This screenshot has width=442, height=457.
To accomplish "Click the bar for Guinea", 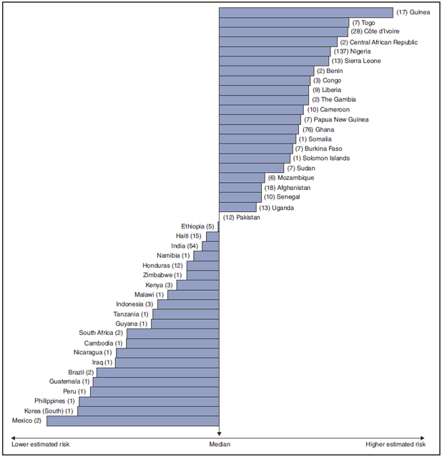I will [305, 12].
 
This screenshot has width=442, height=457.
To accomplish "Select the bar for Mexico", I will [132, 421].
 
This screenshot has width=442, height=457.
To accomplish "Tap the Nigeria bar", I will [275, 51].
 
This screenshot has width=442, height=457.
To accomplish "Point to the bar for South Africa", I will [172, 333].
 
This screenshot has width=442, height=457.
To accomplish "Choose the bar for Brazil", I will [157, 372].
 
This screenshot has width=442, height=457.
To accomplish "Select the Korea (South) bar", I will [148, 411].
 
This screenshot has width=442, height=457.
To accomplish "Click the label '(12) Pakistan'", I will [241, 217].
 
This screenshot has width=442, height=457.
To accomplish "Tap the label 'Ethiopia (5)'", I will [197, 226].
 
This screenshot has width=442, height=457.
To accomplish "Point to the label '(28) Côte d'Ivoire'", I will [375, 32].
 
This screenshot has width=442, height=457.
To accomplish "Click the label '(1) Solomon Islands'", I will [321, 159].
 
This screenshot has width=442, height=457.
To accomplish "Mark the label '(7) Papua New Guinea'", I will [336, 119].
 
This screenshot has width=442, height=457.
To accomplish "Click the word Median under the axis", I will [219, 445].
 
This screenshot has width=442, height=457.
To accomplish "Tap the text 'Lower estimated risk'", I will [40, 445].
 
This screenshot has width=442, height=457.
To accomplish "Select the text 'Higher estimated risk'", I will [396, 445].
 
